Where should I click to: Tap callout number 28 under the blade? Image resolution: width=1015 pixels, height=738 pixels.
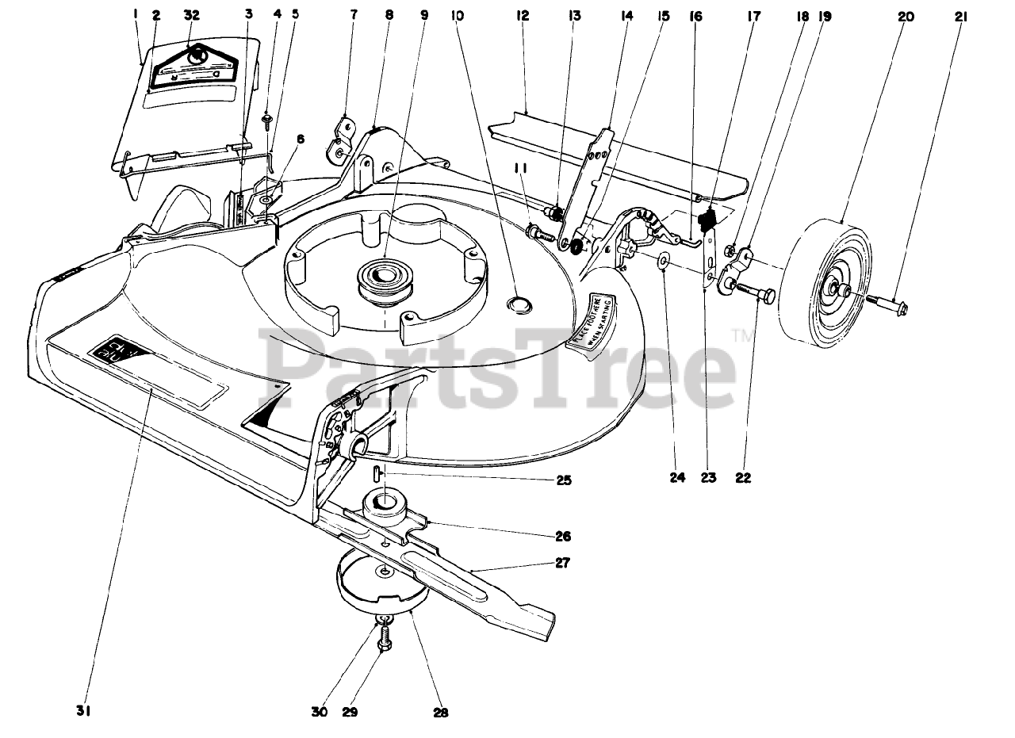coord(442,713)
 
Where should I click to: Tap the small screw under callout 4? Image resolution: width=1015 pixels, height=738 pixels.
coord(267,120)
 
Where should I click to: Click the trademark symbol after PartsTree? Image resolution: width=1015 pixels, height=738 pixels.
coord(745,337)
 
